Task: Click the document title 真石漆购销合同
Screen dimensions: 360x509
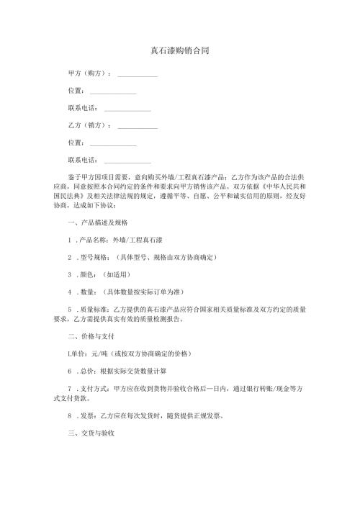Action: pyautogui.click(x=179, y=51)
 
